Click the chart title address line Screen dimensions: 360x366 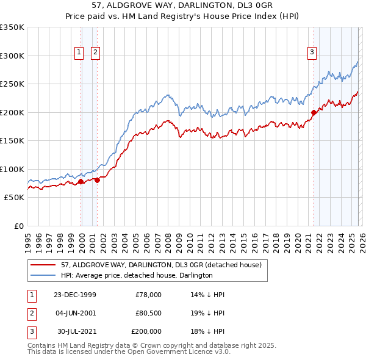pyautogui.click(x=183, y=5)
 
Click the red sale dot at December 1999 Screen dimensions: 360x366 pyautogui.click(x=81, y=181)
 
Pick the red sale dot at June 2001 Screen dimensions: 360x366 pyautogui.click(x=97, y=180)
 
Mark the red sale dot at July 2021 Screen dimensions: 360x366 pyautogui.click(x=314, y=112)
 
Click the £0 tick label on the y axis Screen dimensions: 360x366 pyautogui.click(x=17, y=226)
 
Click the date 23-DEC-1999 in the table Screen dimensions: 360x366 pyautogui.click(x=75, y=295)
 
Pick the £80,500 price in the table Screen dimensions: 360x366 pyautogui.click(x=148, y=313)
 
